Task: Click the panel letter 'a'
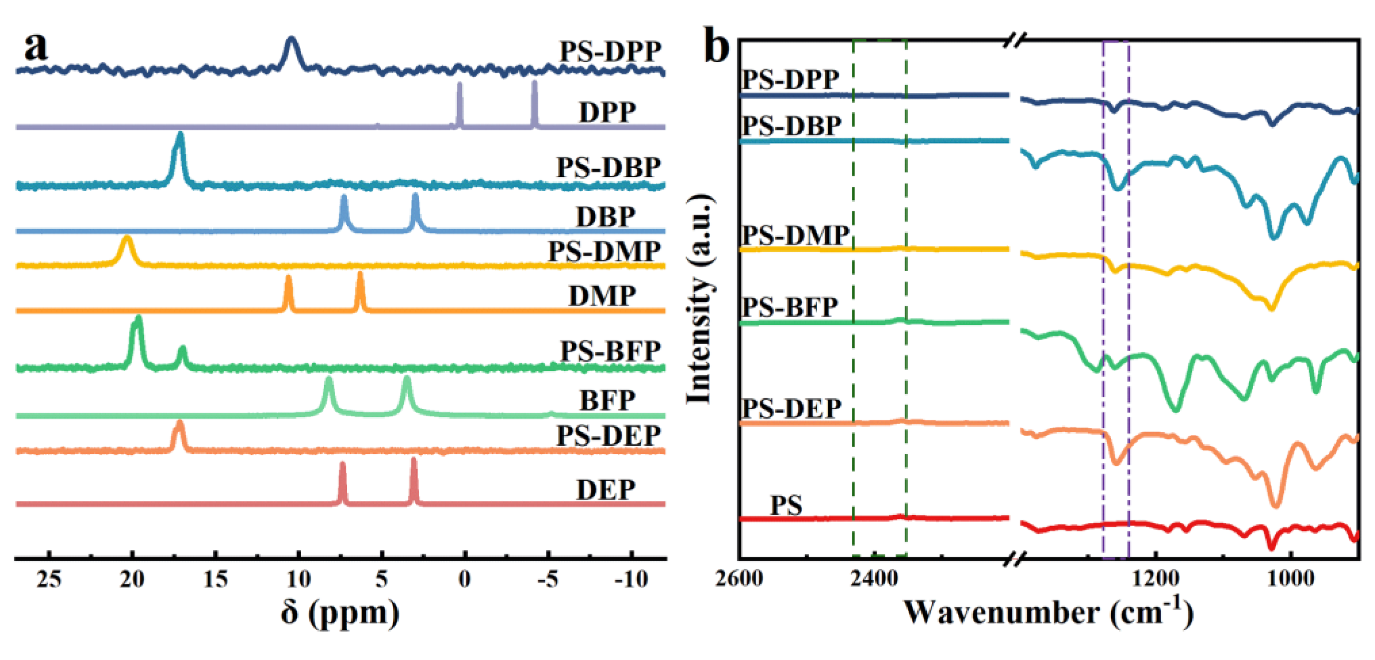coord(36,47)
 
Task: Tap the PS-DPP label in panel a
coord(610,52)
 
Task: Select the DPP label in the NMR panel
coord(607,112)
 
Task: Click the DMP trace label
coord(602,296)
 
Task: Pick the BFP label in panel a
coord(607,400)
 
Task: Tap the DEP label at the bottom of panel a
coord(606,489)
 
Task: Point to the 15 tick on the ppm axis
coord(216,579)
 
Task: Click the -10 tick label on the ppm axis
coord(631,579)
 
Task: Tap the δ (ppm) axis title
coord(340,613)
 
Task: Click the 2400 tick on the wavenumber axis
coord(874,578)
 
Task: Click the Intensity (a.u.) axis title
coord(699,299)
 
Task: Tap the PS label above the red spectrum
coord(786,505)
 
